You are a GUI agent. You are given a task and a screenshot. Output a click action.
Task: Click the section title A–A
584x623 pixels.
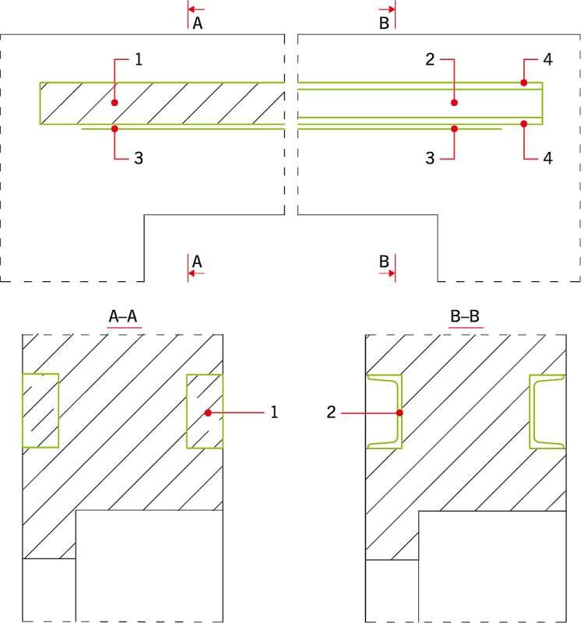coord(123,317)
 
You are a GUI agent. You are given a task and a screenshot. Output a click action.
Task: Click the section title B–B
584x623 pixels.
coord(465,317)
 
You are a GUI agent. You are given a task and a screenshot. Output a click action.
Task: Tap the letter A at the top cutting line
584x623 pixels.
coord(198,23)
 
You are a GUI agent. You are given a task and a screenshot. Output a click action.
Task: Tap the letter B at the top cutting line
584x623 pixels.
coord(384,23)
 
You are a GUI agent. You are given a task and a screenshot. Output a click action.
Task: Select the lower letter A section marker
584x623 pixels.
coord(197,262)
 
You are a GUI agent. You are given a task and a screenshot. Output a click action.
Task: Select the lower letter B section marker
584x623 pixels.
coord(384,262)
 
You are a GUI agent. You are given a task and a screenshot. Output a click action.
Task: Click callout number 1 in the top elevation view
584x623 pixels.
coord(139,60)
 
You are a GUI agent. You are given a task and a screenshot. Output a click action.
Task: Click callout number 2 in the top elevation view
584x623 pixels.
coord(430,60)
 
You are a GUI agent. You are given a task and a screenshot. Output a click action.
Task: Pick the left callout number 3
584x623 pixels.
coord(139,158)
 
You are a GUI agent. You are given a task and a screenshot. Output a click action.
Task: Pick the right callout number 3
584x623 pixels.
coord(430,158)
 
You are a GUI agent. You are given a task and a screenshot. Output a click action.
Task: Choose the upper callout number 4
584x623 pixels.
coord(548,60)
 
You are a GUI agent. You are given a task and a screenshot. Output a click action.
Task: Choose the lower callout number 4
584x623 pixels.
coord(548,158)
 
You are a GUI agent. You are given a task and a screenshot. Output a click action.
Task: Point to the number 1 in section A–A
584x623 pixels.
coord(274,413)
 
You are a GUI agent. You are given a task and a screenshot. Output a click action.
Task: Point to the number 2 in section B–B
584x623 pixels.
coord(332,413)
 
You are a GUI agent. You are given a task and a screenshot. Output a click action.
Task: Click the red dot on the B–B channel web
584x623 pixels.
coord(399,413)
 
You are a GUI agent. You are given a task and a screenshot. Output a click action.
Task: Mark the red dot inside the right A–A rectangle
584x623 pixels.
coord(208,413)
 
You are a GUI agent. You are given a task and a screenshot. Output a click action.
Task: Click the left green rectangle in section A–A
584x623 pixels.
coord(40,375)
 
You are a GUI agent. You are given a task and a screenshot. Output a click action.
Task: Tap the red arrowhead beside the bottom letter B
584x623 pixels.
coord(392,273)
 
